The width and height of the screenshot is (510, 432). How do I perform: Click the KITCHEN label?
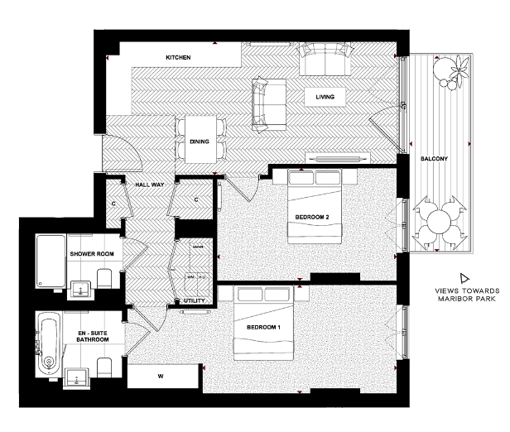178,58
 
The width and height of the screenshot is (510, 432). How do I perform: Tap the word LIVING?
325,98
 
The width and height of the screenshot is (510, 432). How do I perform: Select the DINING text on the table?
199,142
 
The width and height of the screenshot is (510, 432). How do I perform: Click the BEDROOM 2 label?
312,218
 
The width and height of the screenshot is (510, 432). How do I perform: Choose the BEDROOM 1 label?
263,328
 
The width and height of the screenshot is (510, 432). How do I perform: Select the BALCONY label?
435,157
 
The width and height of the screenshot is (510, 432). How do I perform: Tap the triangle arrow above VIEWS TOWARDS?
465,277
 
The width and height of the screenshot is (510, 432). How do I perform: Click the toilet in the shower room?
103,276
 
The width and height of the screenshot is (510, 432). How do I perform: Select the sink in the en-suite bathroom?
79,377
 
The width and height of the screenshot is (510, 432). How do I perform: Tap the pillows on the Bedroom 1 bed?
262,295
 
